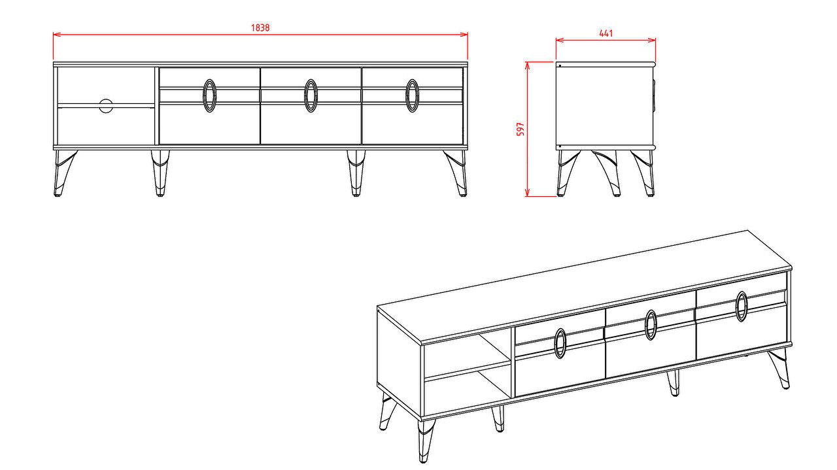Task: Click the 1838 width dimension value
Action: [x=260, y=27]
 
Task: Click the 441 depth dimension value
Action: [x=606, y=33]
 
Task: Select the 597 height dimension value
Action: [x=521, y=129]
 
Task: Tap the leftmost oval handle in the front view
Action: [x=210, y=95]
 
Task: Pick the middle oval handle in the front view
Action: [x=311, y=95]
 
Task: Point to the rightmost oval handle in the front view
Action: [x=412, y=95]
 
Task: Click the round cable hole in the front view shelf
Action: [x=106, y=106]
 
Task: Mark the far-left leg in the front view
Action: [x=64, y=173]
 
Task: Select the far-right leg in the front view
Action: [x=456, y=173]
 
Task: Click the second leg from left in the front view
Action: [x=160, y=173]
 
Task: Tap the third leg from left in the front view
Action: [x=356, y=173]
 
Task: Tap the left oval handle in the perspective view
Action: [x=560, y=343]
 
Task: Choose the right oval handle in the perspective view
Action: [x=742, y=307]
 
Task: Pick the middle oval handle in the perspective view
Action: [x=651, y=325]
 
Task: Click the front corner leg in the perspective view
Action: [x=425, y=440]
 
